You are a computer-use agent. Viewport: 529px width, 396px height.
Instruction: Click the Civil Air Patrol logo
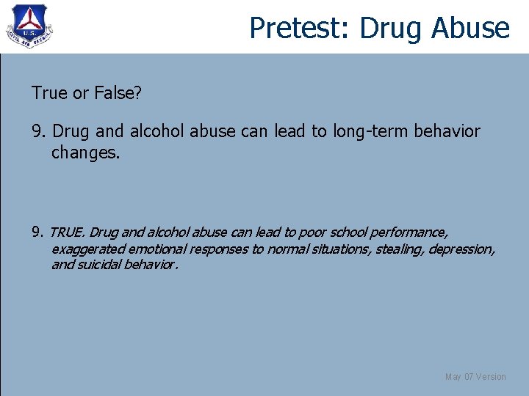(x=29, y=26)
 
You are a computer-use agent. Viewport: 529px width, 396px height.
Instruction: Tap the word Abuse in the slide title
(x=470, y=28)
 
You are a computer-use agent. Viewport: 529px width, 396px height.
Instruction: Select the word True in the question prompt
(x=46, y=92)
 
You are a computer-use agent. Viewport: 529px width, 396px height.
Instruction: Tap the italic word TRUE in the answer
(x=68, y=233)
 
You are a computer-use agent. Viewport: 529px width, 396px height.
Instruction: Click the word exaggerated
(x=86, y=249)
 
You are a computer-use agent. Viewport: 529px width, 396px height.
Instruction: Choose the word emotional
(x=156, y=249)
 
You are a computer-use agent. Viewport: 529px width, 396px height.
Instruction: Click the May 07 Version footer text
(x=475, y=377)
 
